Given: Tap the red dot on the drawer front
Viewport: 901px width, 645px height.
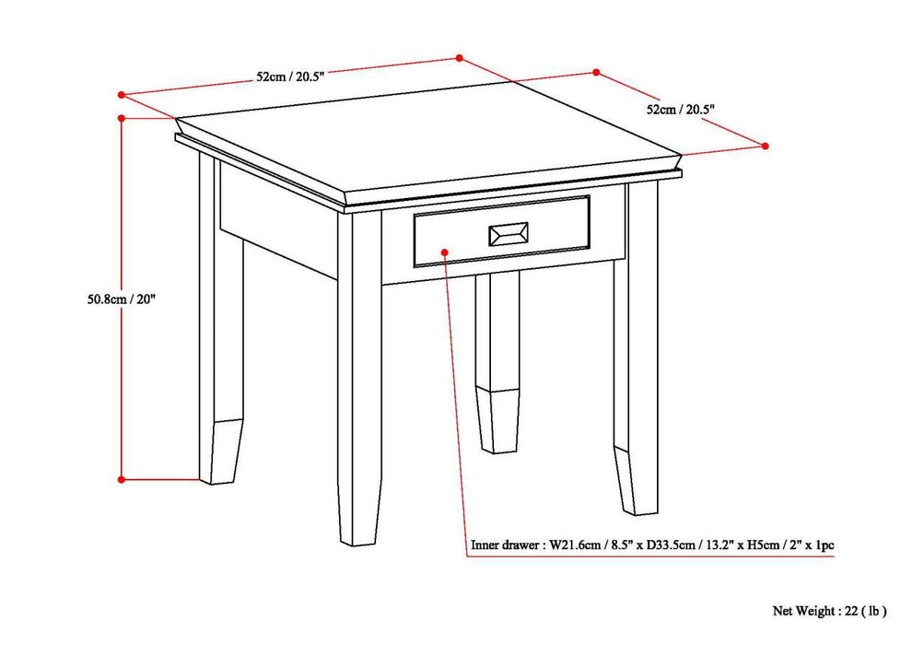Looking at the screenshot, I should (444, 251).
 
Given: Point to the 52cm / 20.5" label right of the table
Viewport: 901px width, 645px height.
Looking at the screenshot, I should (681, 109).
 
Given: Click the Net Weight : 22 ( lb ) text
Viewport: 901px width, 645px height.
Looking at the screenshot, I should (829, 610).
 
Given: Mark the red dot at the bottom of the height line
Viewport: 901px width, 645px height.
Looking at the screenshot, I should (122, 479).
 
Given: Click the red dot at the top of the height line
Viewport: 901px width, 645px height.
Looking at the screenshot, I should (122, 118).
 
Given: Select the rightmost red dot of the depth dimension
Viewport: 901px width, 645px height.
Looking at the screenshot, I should (765, 145).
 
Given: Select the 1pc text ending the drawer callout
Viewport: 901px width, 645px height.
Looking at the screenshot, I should (823, 545).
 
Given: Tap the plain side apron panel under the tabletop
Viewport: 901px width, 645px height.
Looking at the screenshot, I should (276, 221).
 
